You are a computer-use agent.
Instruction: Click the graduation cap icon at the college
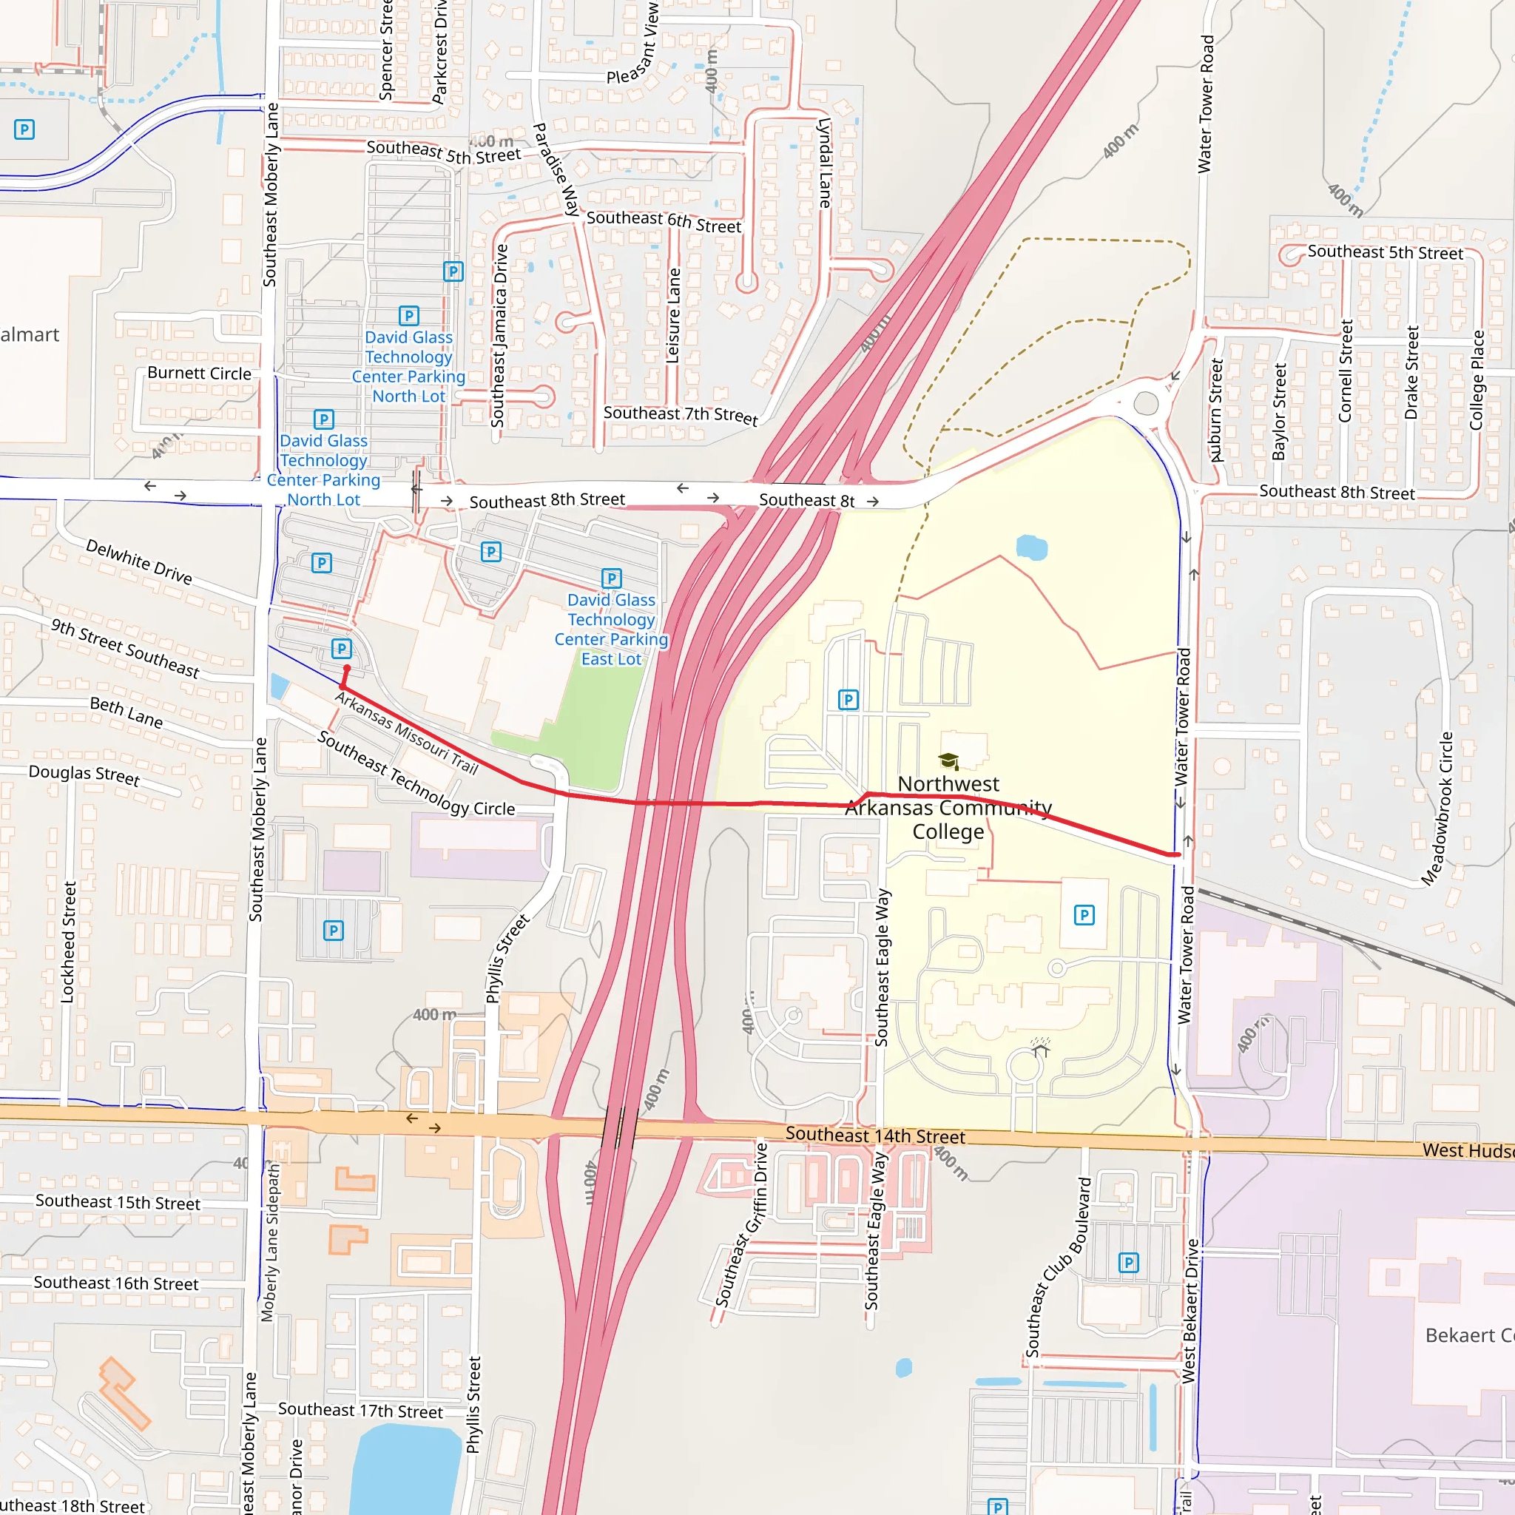pos(948,760)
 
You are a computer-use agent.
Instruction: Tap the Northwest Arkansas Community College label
pos(948,807)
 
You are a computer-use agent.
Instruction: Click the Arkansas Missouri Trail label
pos(406,732)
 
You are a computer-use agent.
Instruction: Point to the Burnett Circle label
pos(199,374)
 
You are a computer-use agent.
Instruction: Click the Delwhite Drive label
pos(139,561)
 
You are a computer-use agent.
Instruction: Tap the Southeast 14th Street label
pos(875,1136)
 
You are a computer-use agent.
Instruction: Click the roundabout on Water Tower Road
pos(1146,403)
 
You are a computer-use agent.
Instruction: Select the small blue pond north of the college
pos(1030,547)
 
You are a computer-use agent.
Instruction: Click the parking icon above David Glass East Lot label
pos(611,578)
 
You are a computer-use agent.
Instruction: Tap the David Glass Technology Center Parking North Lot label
pos(408,366)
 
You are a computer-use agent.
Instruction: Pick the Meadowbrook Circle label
pos(1437,809)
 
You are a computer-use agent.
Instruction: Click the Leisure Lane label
pos(673,315)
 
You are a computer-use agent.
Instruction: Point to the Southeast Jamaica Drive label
pos(499,336)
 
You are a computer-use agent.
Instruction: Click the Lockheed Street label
pos(68,942)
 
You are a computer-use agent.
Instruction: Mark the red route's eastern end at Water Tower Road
pos(1177,854)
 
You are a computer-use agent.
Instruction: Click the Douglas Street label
pos(84,775)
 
